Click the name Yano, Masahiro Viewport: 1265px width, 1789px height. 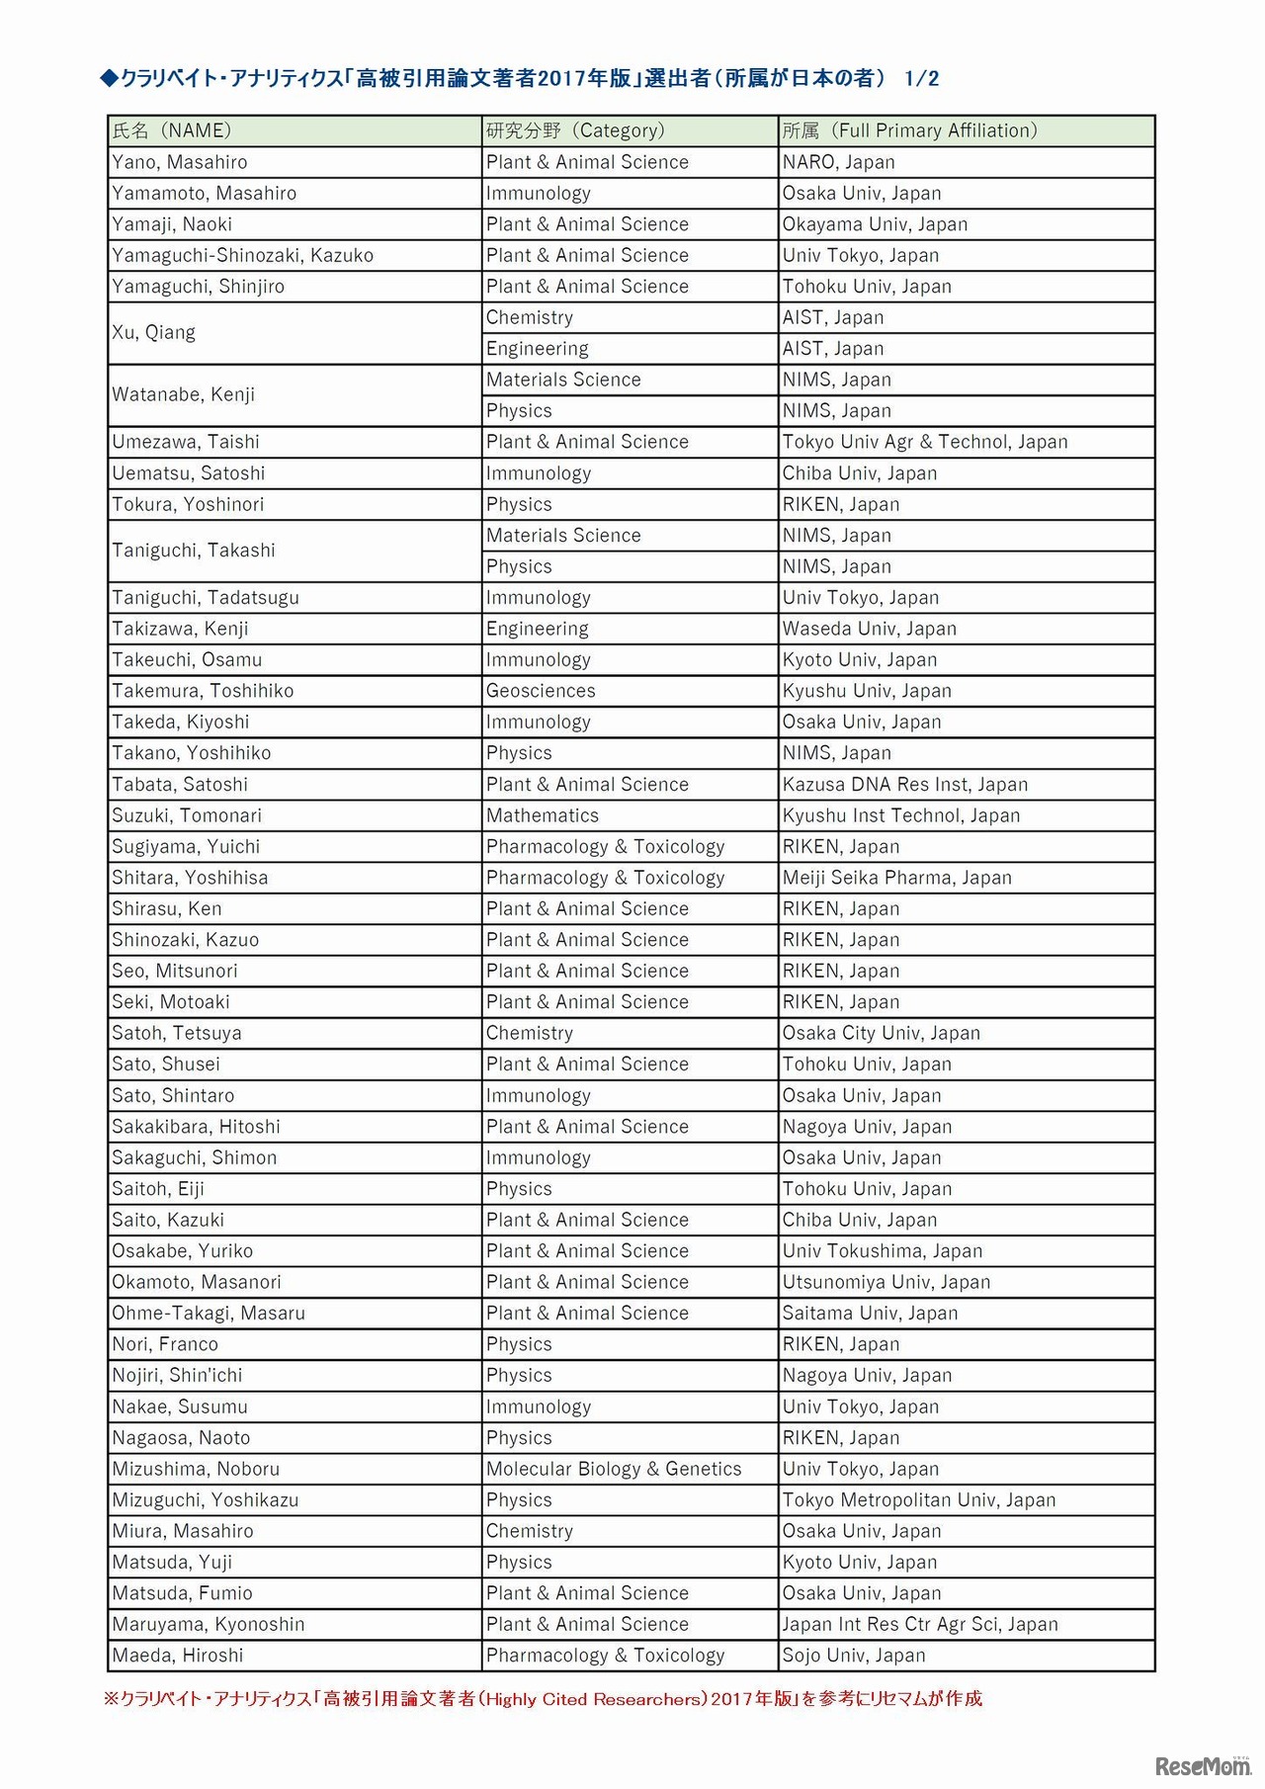tap(180, 162)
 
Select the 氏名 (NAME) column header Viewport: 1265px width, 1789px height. tap(172, 130)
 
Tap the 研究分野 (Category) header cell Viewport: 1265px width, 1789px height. tap(575, 130)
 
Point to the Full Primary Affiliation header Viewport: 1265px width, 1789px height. tap(909, 130)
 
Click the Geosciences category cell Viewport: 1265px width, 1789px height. tap(541, 691)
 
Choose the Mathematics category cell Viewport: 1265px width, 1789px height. tap(543, 815)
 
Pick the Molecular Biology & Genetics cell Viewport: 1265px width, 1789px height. tap(614, 1469)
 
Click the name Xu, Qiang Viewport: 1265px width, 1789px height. tap(154, 332)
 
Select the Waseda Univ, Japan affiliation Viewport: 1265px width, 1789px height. tap(870, 629)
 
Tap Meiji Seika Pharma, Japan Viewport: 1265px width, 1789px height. tap(897, 878)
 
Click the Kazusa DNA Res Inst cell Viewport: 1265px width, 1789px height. tap(905, 785)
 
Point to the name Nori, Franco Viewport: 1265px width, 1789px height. tap(165, 1344)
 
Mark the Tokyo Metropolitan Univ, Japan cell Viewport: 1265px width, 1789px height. tap(919, 1500)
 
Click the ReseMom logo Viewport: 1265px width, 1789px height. tap(1203, 1765)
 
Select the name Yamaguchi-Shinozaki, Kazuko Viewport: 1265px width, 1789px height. tap(243, 255)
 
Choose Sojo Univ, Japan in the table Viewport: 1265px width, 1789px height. tap(854, 1656)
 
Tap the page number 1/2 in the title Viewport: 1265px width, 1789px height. tap(921, 79)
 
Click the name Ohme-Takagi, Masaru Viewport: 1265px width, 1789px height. tap(209, 1314)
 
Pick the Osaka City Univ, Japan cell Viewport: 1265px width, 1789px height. tap(882, 1033)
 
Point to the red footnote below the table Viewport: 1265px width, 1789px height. tap(543, 1699)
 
